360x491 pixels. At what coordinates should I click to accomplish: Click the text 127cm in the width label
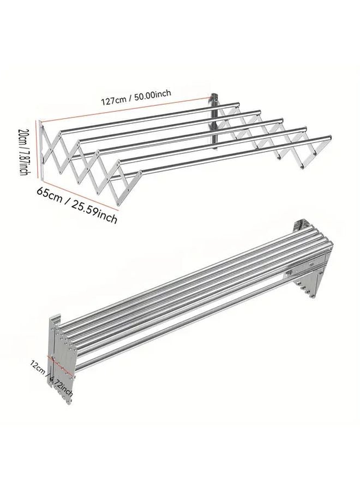point(113,100)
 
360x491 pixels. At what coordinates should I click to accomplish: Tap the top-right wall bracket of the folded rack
point(301,226)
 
